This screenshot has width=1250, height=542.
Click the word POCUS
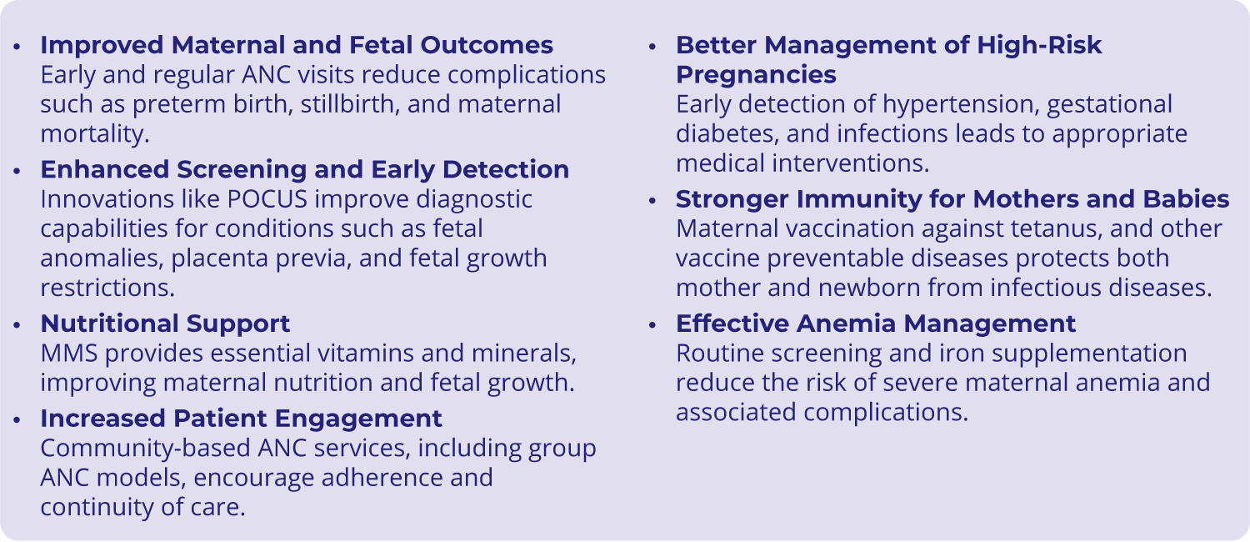tap(267, 199)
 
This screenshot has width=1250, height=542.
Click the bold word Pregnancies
tap(756, 76)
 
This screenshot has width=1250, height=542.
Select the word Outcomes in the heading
tap(487, 45)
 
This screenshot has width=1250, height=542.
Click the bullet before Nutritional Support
tap(17, 325)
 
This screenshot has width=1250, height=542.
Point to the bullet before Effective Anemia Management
tap(652, 325)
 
